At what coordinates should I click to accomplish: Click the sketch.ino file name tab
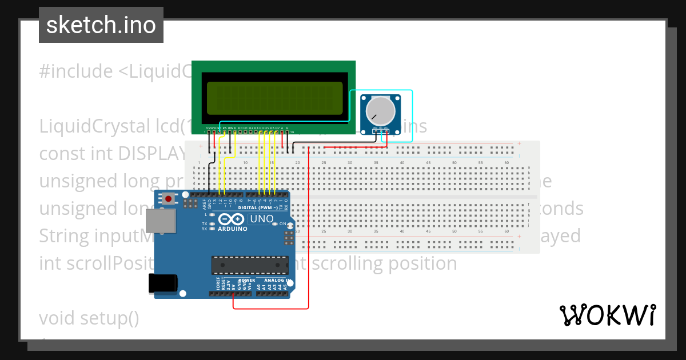(x=101, y=25)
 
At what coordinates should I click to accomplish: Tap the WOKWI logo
(x=607, y=315)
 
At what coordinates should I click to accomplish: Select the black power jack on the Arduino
(x=162, y=283)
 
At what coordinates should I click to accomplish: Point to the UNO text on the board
(x=262, y=219)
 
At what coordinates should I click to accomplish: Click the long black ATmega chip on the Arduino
(x=250, y=265)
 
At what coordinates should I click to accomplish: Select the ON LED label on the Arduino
(x=282, y=224)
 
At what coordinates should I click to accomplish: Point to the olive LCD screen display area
(x=274, y=98)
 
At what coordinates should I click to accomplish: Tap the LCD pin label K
(x=287, y=127)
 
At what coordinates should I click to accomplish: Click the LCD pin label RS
(x=225, y=127)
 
